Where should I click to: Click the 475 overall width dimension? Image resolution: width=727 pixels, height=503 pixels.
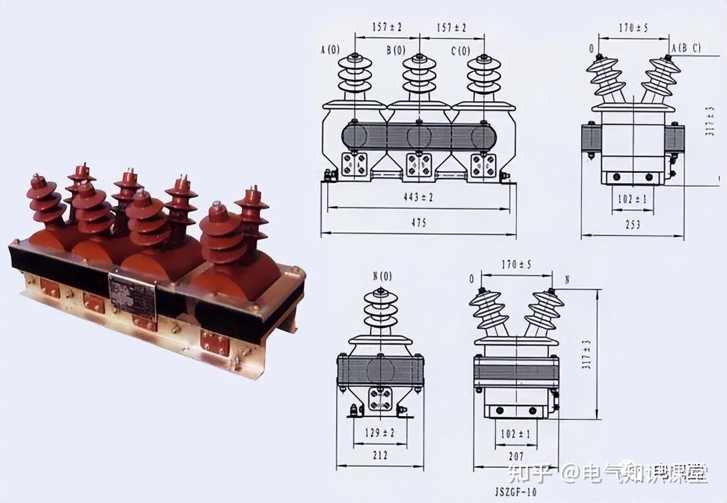[418, 223]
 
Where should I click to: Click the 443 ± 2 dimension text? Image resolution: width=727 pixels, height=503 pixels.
[418, 198]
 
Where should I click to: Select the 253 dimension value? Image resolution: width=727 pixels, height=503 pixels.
[632, 225]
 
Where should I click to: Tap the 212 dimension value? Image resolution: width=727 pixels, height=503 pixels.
[380, 455]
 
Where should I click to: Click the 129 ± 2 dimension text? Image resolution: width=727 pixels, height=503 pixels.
[380, 433]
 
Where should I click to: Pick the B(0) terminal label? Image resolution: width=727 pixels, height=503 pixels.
[396, 51]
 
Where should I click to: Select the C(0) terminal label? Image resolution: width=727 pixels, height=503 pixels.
[460, 51]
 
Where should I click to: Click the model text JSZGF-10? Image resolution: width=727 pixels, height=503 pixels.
[516, 492]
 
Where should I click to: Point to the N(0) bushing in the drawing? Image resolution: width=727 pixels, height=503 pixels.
[381, 311]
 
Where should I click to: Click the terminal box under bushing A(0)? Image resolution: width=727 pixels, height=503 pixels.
[354, 165]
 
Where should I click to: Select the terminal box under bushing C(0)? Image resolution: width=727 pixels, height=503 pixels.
[484, 165]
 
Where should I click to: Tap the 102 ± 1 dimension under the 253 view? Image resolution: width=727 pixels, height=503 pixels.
[632, 199]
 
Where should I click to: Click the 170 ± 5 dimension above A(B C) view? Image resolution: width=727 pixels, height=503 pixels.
[633, 28]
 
